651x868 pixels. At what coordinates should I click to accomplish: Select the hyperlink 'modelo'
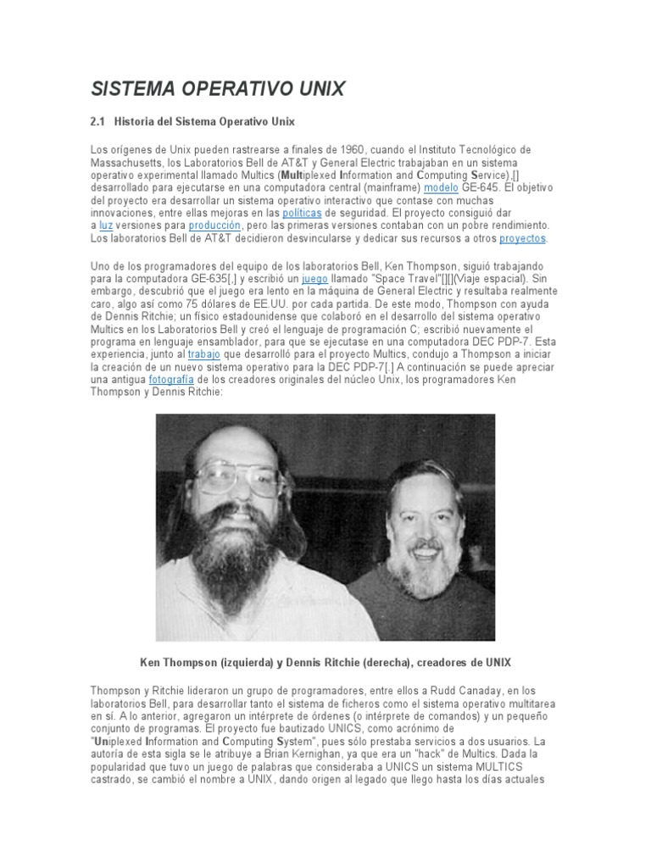pyautogui.click(x=442, y=186)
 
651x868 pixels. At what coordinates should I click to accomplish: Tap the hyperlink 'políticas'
pyautogui.click(x=302, y=212)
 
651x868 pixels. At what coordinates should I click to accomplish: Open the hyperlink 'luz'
pyautogui.click(x=105, y=225)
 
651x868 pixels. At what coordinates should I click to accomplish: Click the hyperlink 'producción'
pyautogui.click(x=215, y=225)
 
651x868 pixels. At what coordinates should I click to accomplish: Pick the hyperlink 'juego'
pyautogui.click(x=314, y=277)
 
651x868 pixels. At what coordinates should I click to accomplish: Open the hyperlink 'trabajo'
pyautogui.click(x=203, y=354)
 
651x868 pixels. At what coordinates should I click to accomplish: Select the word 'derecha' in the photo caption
pyautogui.click(x=394, y=661)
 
